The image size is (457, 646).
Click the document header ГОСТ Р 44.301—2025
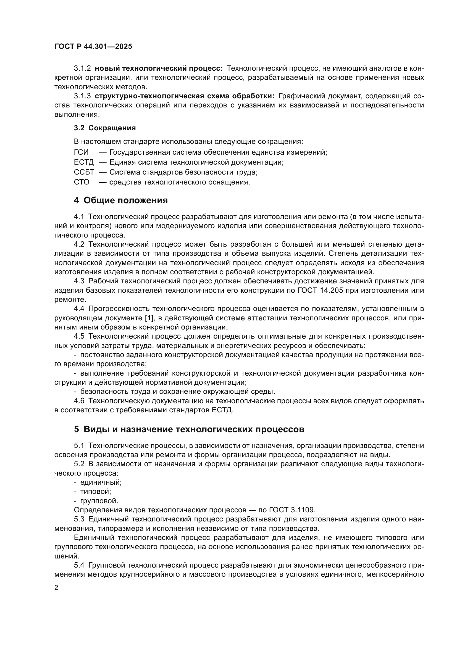click(x=93, y=46)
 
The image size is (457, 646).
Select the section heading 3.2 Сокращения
click(x=105, y=128)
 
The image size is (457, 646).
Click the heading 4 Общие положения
click(x=121, y=200)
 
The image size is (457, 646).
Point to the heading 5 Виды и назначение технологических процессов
click(x=189, y=429)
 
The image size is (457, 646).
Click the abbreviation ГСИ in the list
click(x=81, y=152)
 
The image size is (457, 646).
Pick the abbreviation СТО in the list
click(x=82, y=182)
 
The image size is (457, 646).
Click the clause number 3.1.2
click(x=82, y=68)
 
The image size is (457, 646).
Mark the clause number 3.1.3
click(x=82, y=96)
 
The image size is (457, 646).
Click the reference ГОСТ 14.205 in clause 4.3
click(x=320, y=290)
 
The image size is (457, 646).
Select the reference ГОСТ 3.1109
click(x=292, y=510)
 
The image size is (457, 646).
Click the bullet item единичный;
click(x=101, y=482)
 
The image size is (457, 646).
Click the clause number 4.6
click(x=79, y=401)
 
